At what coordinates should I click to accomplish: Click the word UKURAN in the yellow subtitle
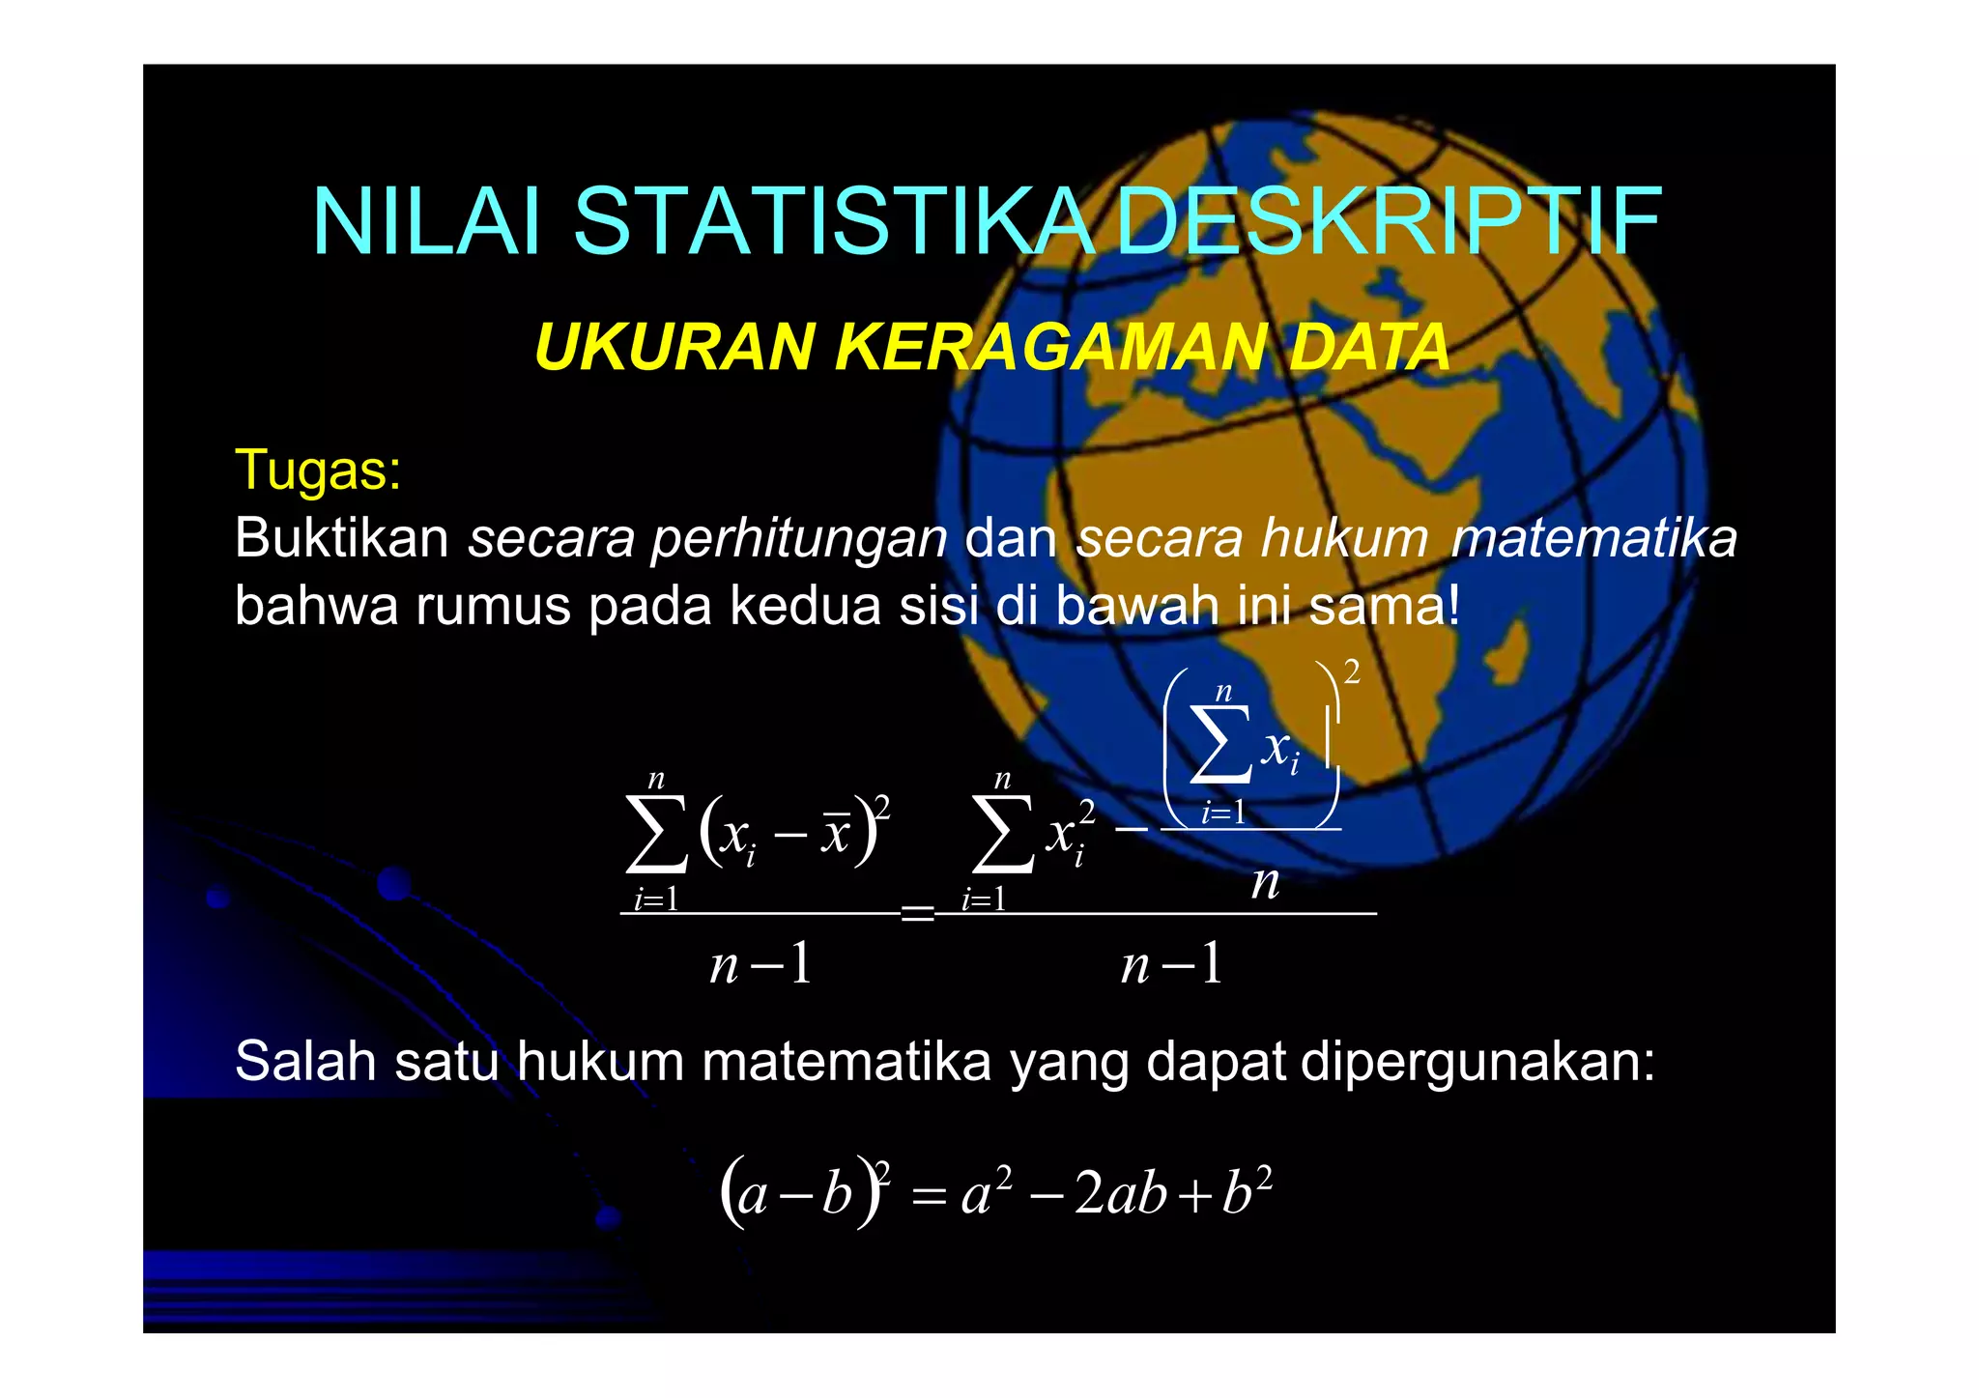click(x=674, y=347)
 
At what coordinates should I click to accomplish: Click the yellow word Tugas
click(x=317, y=471)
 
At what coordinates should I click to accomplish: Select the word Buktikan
click(x=341, y=538)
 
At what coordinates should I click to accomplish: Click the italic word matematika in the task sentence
click(x=1593, y=538)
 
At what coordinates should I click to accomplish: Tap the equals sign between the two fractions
click(x=917, y=912)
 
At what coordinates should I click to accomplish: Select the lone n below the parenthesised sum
click(x=1265, y=882)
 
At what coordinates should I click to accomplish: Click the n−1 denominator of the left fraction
click(x=760, y=964)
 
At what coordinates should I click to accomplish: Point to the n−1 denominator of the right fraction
click(x=1172, y=964)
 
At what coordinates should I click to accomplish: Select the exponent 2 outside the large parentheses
click(x=1352, y=671)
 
